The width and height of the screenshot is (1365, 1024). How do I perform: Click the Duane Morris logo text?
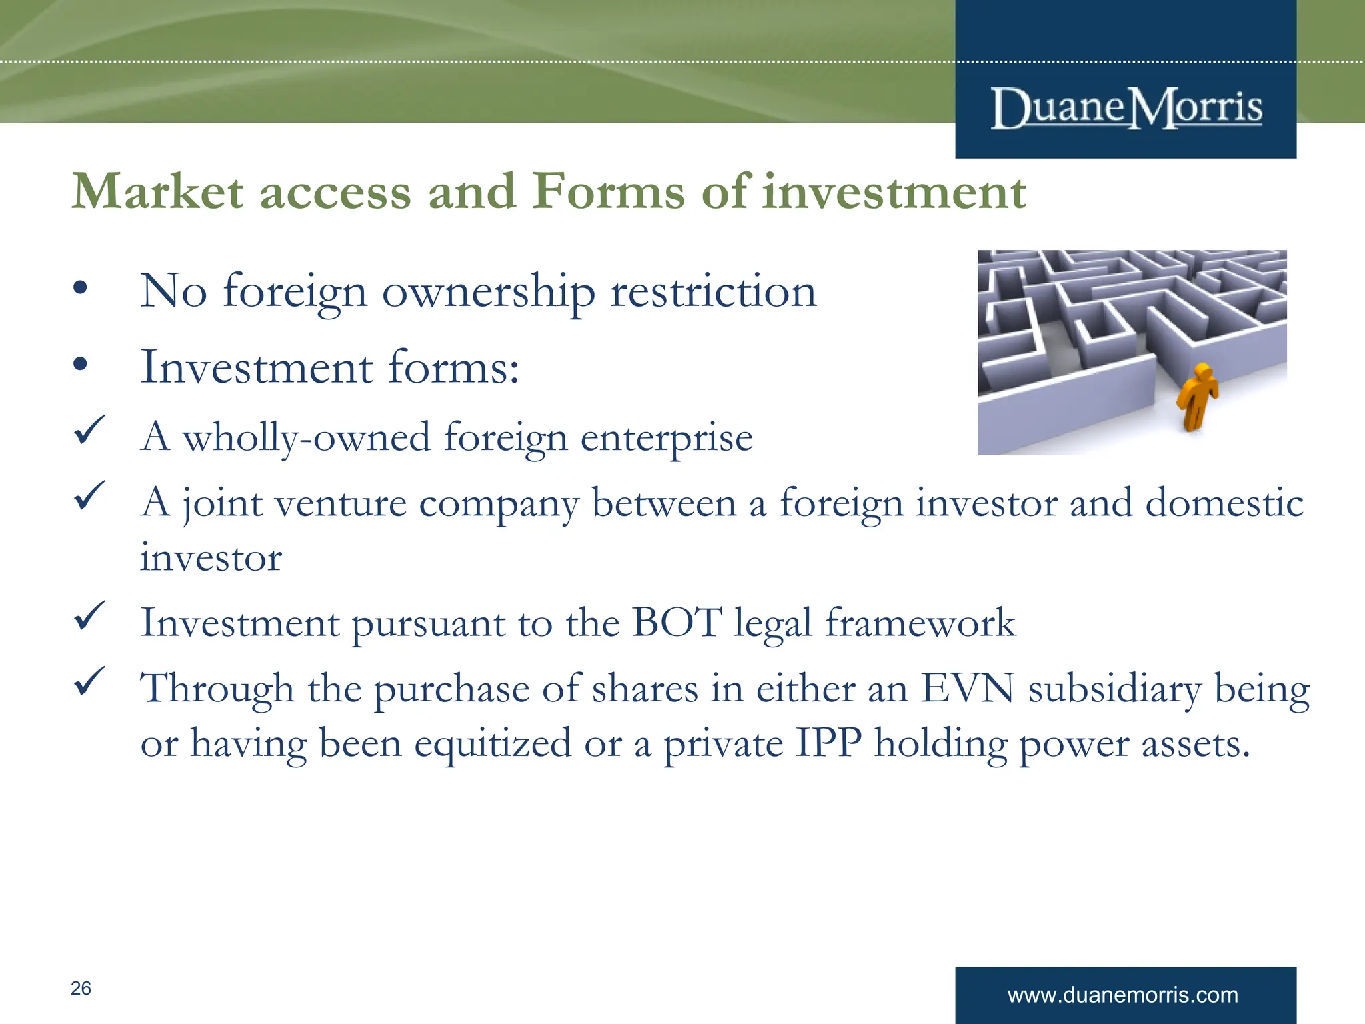tap(1126, 108)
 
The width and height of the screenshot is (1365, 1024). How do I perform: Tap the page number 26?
tap(81, 988)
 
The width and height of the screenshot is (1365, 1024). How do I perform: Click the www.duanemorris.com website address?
tap(1122, 995)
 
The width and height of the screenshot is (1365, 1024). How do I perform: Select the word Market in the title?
tap(157, 192)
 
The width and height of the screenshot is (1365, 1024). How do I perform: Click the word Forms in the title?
tap(609, 192)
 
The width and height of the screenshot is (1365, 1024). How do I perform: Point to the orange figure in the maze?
tap(1197, 396)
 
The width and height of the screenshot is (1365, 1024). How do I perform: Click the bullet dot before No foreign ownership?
tap(81, 289)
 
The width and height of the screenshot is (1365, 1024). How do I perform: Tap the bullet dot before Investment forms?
tap(81, 365)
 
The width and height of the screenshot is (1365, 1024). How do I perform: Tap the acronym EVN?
tap(966, 688)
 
